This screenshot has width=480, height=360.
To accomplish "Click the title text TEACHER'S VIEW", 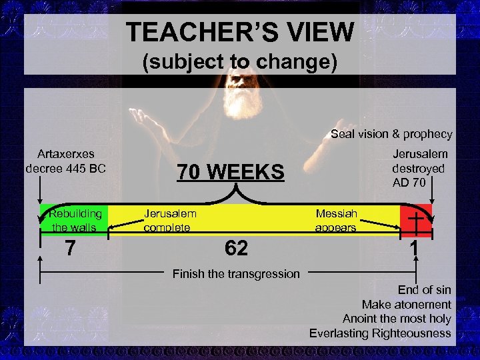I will point(240,31).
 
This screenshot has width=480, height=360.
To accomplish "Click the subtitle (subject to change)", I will point(240,62).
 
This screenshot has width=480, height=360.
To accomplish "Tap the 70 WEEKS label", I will point(230,172).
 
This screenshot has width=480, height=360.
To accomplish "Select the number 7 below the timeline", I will point(70,249).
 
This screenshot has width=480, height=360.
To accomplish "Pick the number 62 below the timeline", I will point(236,249).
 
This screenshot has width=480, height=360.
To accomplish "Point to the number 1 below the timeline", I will point(415,249).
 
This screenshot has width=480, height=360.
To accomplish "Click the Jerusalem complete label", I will point(170,220).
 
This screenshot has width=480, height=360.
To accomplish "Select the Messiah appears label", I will point(336,220).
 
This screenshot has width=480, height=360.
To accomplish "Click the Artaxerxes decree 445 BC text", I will point(65,161).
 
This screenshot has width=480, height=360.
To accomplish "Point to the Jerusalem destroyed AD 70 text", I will point(419,168).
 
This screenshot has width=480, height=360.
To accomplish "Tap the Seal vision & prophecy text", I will point(391,134).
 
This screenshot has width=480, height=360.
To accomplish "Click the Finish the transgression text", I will point(236,273).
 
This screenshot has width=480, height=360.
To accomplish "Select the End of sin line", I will point(424,290).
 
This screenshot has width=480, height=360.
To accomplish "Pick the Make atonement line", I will point(406,305).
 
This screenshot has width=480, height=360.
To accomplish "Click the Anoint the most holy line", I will point(397,319).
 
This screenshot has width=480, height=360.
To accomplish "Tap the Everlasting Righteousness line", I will point(380,333).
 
